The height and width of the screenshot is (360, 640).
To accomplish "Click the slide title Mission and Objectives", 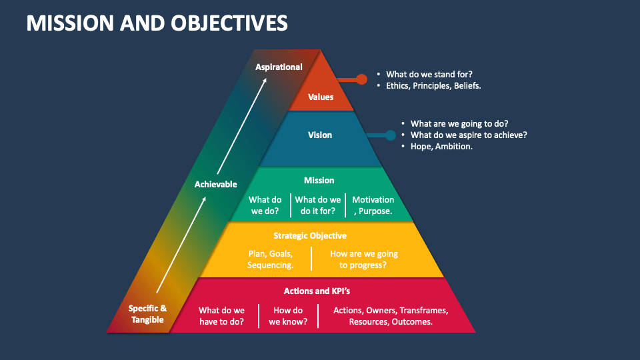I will pos(157,23).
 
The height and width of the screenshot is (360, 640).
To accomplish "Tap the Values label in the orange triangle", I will pos(321,97).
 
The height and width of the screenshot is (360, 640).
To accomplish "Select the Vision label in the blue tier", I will pos(320,135).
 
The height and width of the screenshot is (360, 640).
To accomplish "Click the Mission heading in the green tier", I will pos(319,181).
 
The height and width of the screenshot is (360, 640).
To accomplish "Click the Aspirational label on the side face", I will pos(279,67).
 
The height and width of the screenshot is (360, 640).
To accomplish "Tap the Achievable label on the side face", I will pos(215,184).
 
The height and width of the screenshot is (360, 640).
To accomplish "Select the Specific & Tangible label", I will pos(147,314).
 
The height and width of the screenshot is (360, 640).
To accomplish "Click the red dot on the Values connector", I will pos(362,79).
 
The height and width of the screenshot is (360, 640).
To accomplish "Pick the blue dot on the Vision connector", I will pos(391,135).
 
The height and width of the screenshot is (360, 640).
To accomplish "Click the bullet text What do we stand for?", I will pos(429,75).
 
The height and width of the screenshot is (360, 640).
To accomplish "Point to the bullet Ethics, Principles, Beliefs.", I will pos(433,86).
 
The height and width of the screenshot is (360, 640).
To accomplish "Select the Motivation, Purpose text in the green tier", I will pos(373,205).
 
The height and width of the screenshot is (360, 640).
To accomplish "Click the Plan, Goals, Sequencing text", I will pos(270,259).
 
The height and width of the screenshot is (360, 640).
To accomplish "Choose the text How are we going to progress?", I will pos(363,259).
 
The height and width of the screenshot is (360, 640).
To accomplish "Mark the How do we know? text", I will pos(288,316).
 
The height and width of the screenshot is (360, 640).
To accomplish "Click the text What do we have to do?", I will pos(221,316).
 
